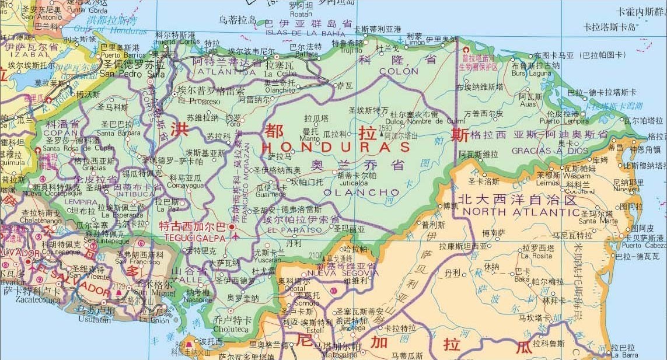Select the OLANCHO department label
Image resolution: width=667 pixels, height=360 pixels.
coord(361,192)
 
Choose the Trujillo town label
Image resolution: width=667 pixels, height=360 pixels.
coord(347,50)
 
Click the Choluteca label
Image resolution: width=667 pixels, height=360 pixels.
coord(232,327)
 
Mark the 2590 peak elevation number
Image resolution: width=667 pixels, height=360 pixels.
coord(385,128)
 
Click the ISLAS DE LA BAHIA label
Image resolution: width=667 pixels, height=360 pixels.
coord(306,33)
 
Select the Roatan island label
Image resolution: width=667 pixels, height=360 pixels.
coord(301,13)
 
